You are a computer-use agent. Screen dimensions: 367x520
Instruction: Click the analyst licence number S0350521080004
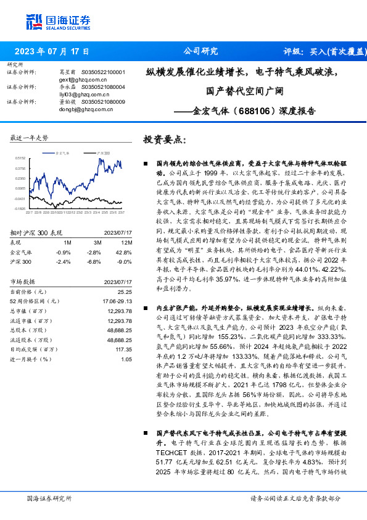click(x=104, y=87)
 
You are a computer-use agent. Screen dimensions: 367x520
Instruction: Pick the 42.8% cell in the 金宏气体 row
click(x=125, y=252)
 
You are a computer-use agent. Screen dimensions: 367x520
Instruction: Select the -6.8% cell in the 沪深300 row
click(x=94, y=261)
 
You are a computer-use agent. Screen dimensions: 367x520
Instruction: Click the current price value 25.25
click(x=125, y=291)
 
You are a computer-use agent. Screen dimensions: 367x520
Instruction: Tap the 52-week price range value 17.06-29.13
click(x=118, y=300)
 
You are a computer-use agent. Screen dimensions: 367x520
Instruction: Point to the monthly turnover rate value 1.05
click(x=126, y=359)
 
